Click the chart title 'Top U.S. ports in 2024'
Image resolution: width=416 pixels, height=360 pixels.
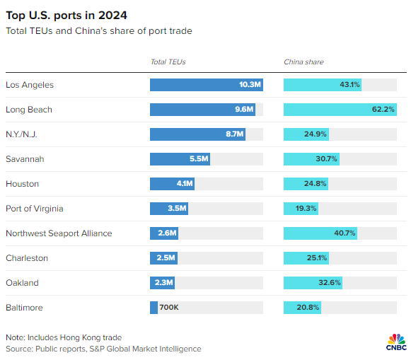67,16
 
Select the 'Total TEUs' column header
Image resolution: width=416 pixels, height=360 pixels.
168,62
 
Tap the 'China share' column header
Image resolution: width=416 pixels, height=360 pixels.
304,62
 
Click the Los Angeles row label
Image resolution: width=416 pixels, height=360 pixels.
30,85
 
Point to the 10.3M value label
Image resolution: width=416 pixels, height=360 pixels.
250,85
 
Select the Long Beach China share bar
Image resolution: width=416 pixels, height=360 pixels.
340,110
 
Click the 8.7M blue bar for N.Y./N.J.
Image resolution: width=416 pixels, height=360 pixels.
197,134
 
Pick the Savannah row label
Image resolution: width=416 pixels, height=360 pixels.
25,159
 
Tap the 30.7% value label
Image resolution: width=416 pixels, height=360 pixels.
326,159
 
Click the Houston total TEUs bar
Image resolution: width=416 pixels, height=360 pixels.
172,184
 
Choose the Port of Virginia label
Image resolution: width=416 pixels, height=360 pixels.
35,209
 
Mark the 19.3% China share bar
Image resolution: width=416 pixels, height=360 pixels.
301,209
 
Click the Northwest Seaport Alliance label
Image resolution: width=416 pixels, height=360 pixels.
59,233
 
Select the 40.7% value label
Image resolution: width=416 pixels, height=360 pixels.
345,233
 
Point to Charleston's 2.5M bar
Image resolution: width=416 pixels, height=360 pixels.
163,258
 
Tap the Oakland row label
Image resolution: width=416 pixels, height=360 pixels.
23,283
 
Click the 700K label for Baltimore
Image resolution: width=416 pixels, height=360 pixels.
169,307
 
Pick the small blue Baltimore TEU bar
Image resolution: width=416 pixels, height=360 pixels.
154,308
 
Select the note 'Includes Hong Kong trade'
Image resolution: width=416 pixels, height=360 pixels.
74,337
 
